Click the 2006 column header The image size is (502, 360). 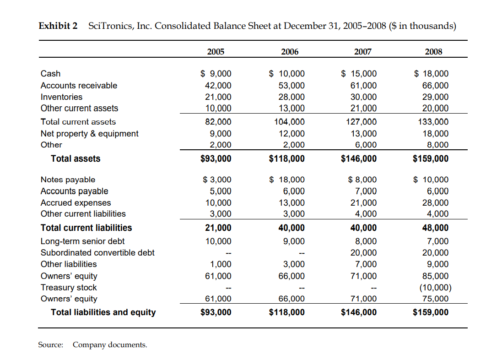point(289,52)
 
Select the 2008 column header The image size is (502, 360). point(433,52)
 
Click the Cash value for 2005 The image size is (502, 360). point(216,74)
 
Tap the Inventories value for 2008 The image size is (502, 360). point(435,97)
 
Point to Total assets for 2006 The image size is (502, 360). point(287,158)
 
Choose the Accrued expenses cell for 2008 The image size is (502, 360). point(435,202)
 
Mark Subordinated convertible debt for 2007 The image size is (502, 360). point(364,253)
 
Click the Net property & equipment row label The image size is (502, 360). point(89,133)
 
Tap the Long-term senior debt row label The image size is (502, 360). point(82,241)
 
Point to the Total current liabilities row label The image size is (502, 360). point(86,228)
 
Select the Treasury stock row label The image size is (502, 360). point(69,287)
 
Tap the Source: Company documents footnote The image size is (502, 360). point(92,344)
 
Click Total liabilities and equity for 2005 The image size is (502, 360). point(216,312)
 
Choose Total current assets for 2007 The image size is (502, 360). point(362,122)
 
